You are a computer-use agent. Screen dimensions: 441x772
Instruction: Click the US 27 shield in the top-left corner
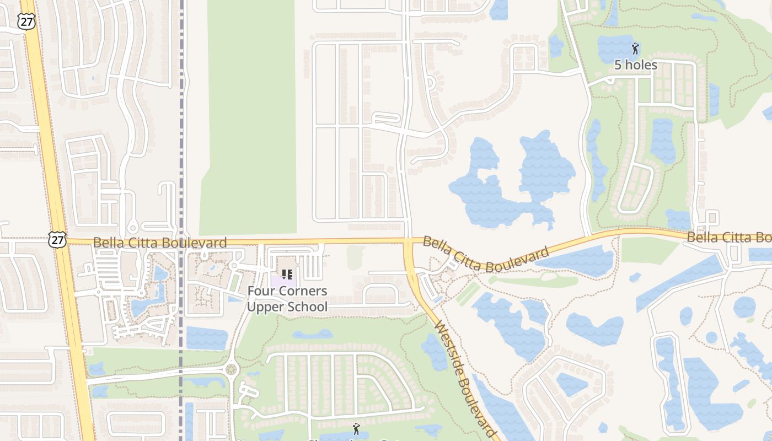(26, 21)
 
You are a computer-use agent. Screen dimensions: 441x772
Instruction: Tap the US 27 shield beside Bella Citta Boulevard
(57, 239)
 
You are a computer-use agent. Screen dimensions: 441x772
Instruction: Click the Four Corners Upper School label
(287, 299)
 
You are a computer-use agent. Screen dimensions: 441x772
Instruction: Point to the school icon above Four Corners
(287, 274)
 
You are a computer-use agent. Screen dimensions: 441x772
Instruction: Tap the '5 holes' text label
(636, 65)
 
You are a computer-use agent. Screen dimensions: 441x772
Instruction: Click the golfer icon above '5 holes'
(635, 49)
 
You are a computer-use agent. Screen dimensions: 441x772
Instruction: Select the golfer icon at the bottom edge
(356, 428)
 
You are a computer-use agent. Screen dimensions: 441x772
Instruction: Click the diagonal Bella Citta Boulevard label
(486, 255)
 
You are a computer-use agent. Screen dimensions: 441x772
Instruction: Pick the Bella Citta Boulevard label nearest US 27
(159, 243)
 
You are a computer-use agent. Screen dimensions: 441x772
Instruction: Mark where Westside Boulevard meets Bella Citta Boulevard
(409, 242)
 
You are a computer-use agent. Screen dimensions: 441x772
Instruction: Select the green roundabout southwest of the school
(230, 369)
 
